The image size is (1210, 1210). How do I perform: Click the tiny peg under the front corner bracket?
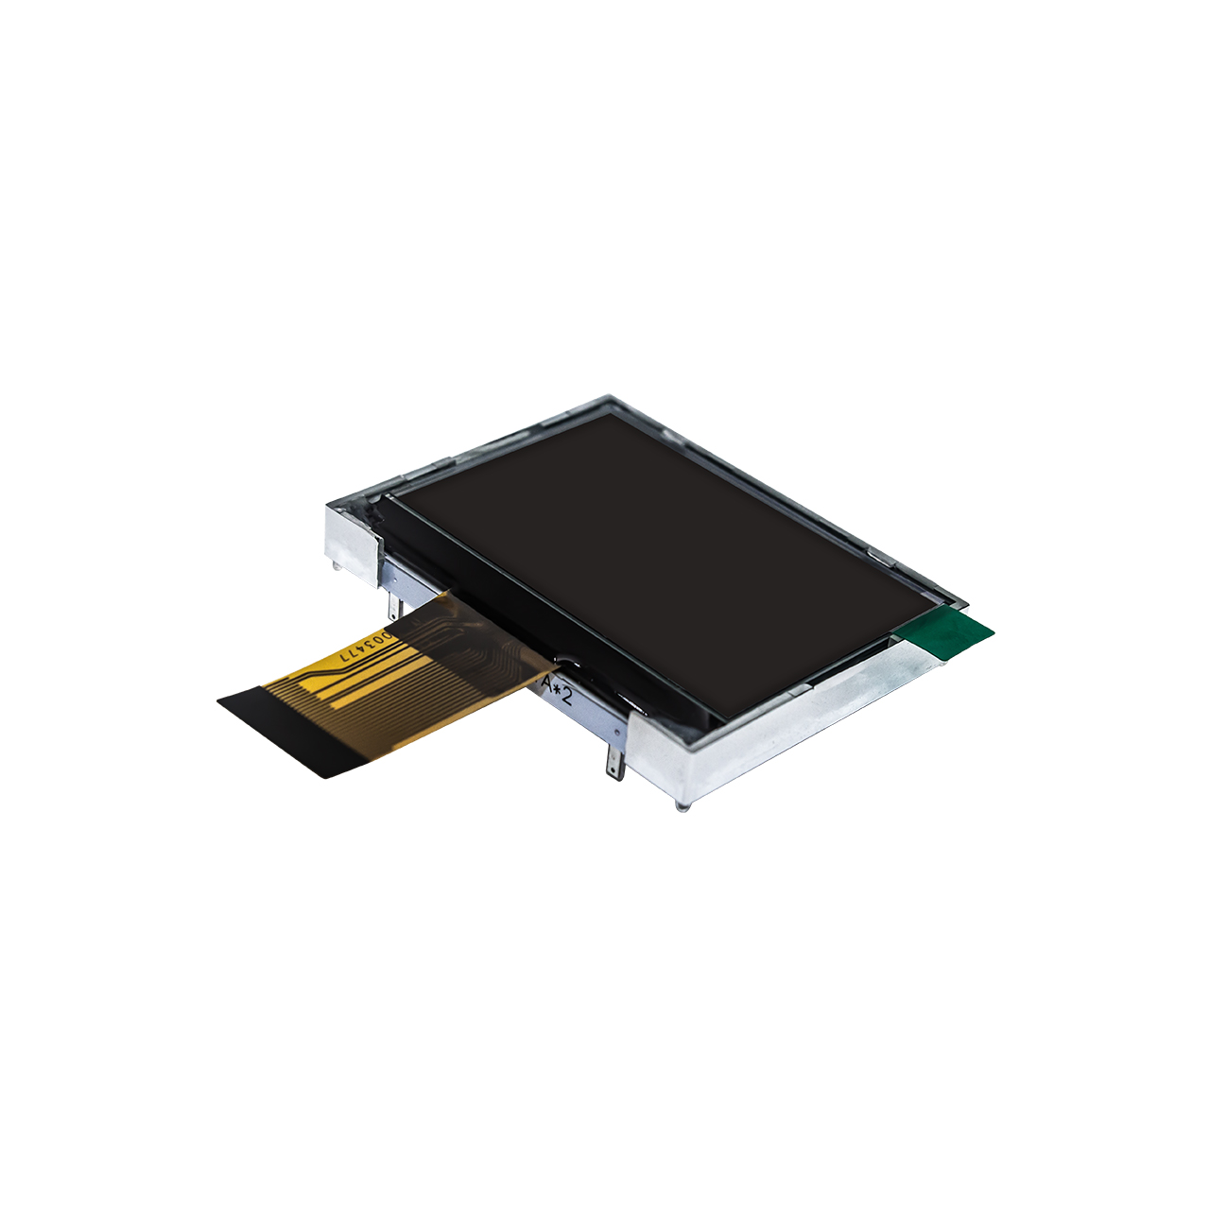coord(683,806)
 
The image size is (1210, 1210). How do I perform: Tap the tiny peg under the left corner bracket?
coord(337,566)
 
